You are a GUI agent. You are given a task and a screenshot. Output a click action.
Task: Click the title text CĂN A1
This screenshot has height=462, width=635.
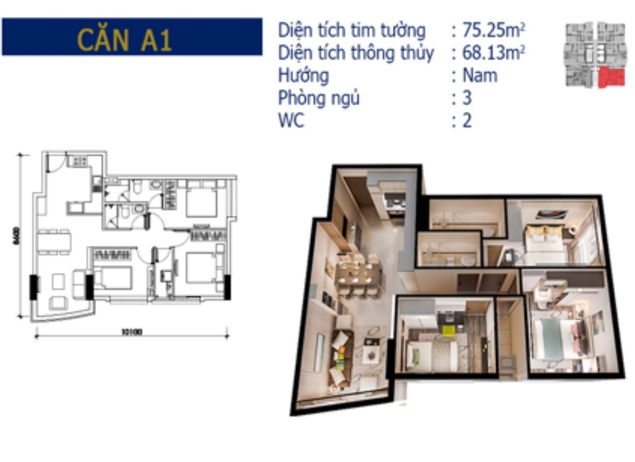click(124, 39)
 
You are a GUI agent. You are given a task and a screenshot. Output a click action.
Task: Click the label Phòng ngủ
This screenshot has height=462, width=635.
click(319, 98)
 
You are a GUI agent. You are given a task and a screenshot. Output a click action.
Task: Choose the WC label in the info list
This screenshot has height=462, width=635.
click(291, 122)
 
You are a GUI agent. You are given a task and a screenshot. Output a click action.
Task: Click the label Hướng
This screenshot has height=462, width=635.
click(303, 75)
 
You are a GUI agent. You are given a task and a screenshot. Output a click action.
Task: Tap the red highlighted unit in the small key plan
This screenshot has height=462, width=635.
click(611, 77)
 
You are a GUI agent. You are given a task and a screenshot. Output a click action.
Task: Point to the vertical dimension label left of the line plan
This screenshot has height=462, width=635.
click(15, 236)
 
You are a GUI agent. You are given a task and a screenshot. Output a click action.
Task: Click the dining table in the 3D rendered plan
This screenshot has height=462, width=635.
click(357, 273)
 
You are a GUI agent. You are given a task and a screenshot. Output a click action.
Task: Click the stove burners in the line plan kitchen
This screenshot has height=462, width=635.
click(79, 161)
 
